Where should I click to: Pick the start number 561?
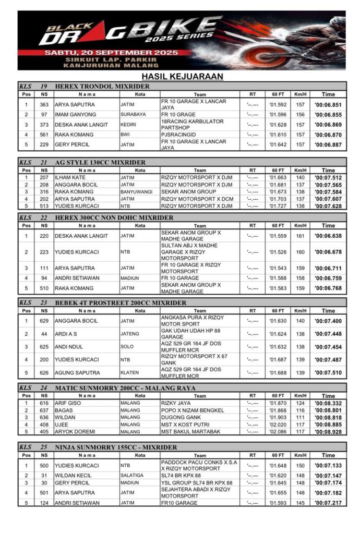tap(44, 135)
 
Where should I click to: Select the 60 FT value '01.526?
tap(278, 252)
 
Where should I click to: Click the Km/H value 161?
tap(300, 236)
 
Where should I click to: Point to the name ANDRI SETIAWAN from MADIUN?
tap(77, 278)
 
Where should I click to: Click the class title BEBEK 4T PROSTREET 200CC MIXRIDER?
tap(121, 302)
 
